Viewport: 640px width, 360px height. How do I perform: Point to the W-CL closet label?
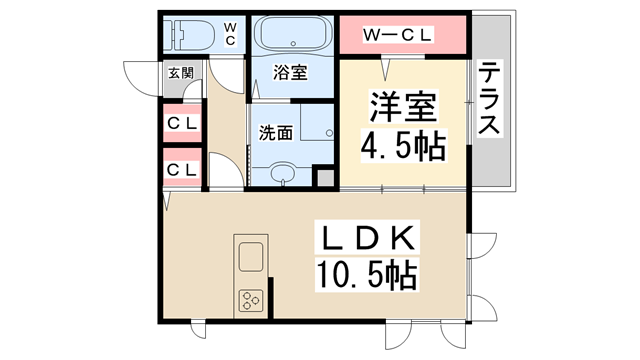pos(398,35)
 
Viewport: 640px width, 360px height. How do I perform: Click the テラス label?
pos(490,100)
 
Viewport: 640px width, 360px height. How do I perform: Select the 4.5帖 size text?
pos(403,148)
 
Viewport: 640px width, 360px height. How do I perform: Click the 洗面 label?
pos(276,132)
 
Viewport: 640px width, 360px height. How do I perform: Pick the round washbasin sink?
pos(284,173)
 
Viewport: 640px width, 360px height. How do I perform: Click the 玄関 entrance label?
pos(181,73)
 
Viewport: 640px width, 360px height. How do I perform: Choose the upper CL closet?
pos(181,123)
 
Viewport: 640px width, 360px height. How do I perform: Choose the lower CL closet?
pos(181,170)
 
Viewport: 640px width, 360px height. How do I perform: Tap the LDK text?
pos(367,240)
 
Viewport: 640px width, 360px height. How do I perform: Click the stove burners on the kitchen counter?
pos(249,300)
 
